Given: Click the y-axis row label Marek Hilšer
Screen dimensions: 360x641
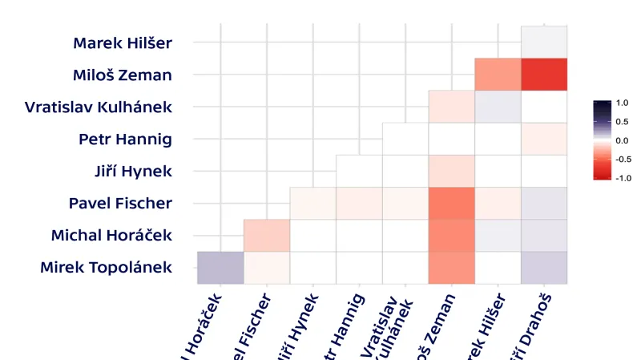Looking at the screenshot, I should click(122, 42).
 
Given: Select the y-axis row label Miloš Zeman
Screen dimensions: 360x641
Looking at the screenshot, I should click(122, 75).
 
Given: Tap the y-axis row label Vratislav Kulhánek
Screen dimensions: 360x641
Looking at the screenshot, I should click(99, 107).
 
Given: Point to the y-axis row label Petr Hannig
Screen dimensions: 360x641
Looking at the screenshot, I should click(126, 139).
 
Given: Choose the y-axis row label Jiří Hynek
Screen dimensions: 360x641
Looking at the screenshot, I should click(133, 171).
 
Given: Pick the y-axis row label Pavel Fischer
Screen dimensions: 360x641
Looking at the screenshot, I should click(120, 203).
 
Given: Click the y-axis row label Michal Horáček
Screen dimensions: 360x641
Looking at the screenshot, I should click(111, 235).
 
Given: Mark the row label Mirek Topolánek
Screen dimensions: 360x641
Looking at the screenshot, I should click(106, 267).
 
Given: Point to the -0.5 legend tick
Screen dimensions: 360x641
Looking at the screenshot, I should click(621, 159).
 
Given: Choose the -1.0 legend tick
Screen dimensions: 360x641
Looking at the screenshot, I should click(621, 178).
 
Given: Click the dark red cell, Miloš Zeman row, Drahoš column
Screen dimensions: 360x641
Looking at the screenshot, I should click(544, 75).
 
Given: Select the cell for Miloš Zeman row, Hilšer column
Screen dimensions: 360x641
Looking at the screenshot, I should click(498, 75).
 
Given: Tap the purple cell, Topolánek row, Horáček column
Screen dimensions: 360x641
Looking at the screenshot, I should click(220, 267).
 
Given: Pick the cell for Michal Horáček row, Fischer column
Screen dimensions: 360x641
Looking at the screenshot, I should click(267, 235).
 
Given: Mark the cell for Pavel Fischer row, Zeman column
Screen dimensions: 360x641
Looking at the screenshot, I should click(452, 203).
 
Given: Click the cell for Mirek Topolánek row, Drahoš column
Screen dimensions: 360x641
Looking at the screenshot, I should click(544, 267).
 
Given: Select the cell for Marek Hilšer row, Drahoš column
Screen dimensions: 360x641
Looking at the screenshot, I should click(544, 42).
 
